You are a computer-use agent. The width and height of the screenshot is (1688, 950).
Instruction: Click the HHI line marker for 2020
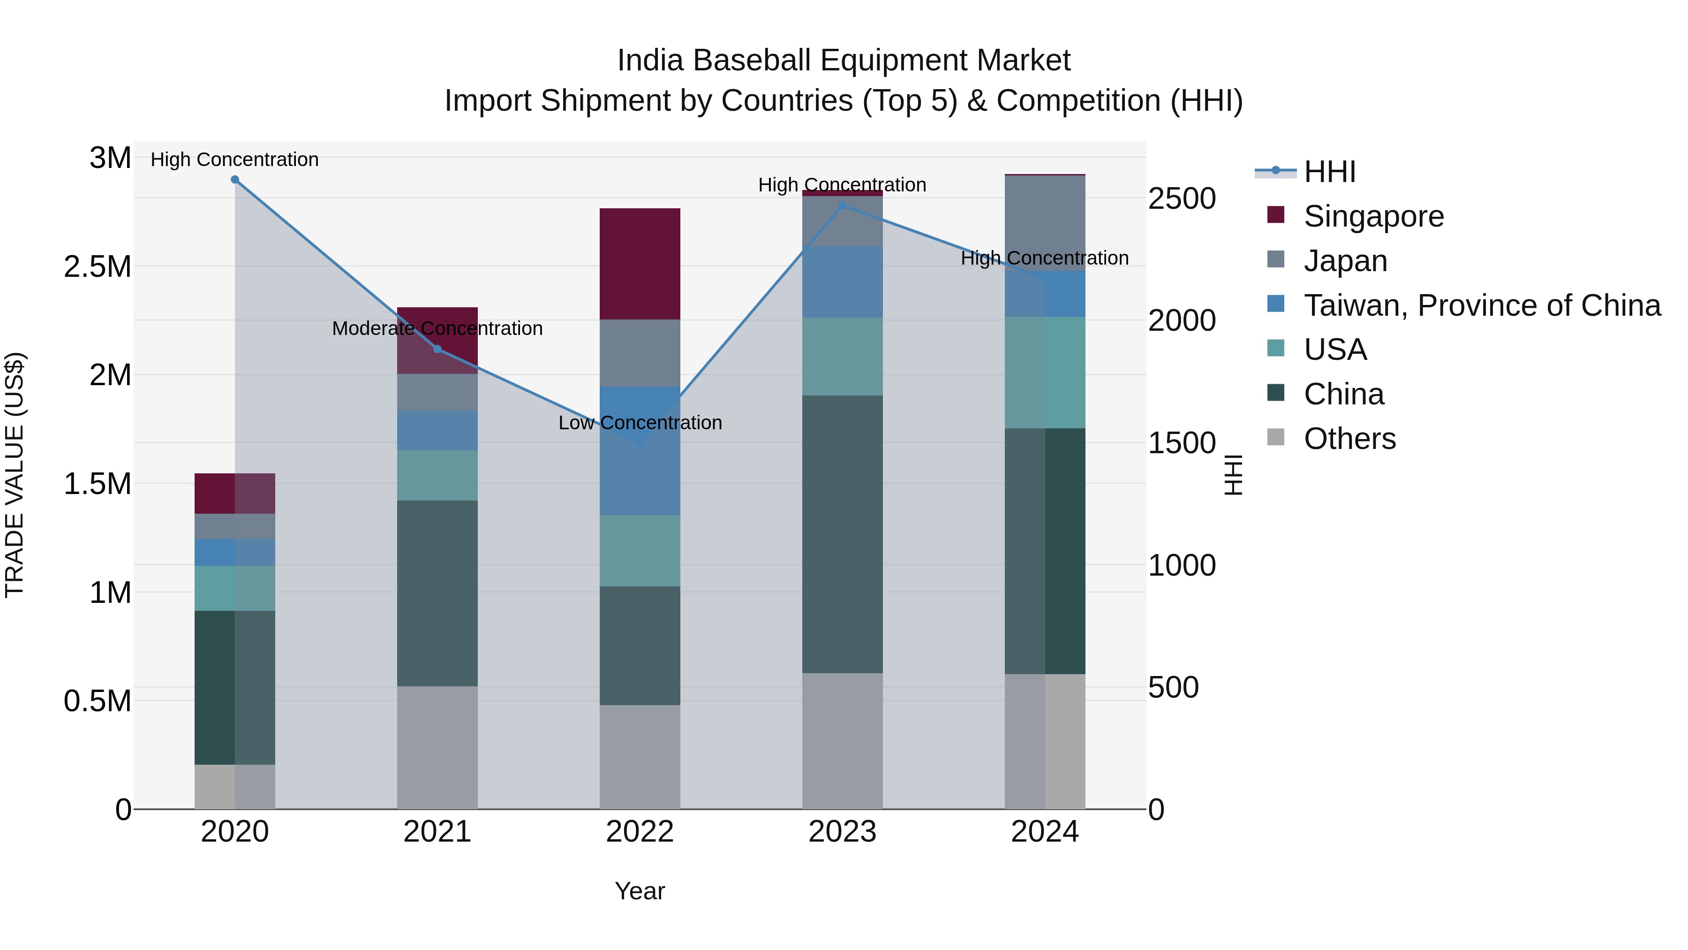[234, 180]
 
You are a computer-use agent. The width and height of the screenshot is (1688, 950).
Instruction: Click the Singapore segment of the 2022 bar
[640, 264]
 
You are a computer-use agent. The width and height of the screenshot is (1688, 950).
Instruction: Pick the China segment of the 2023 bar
[842, 534]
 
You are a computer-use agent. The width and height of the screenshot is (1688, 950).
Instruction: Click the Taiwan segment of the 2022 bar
[640, 451]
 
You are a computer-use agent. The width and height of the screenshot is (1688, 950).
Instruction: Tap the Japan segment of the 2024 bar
[1045, 223]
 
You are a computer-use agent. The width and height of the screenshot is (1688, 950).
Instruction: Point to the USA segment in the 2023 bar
[842, 357]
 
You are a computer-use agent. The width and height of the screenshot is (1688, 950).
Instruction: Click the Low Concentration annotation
[640, 423]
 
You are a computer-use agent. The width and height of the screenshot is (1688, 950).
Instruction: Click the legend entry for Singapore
[1373, 216]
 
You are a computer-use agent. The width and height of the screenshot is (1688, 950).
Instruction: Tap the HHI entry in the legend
[1329, 172]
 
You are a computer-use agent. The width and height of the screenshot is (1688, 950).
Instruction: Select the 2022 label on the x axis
[640, 832]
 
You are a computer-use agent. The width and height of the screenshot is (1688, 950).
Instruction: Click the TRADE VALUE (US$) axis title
[15, 475]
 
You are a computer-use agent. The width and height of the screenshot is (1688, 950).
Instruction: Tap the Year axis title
[640, 891]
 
